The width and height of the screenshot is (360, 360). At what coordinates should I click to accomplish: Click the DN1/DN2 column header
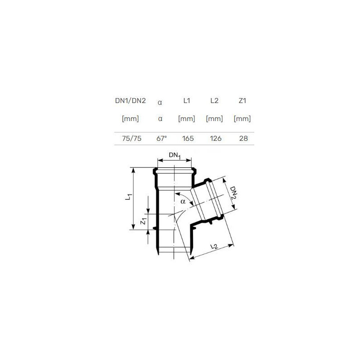130,101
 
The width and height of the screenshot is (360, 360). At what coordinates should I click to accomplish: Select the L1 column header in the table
187,101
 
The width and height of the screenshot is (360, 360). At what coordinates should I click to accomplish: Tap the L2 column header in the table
215,101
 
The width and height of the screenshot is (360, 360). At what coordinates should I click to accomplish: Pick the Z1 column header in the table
243,101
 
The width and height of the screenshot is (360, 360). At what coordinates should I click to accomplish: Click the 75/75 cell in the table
132,139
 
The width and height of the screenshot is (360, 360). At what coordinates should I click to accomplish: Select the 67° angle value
162,139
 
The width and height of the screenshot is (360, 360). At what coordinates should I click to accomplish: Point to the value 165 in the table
188,139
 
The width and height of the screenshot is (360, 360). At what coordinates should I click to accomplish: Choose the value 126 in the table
216,139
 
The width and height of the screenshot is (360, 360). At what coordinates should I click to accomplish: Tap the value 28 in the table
243,139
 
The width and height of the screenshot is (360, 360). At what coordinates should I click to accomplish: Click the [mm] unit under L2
215,119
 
